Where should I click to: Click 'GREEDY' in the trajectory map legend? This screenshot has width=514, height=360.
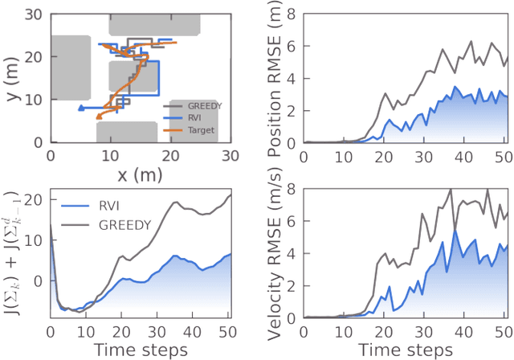pos(202,104)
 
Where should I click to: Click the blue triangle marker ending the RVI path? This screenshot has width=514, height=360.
pos(80,107)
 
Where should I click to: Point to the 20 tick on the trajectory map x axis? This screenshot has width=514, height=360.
pos(170,156)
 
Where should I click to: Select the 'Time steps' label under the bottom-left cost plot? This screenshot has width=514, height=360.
pos(140,350)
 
